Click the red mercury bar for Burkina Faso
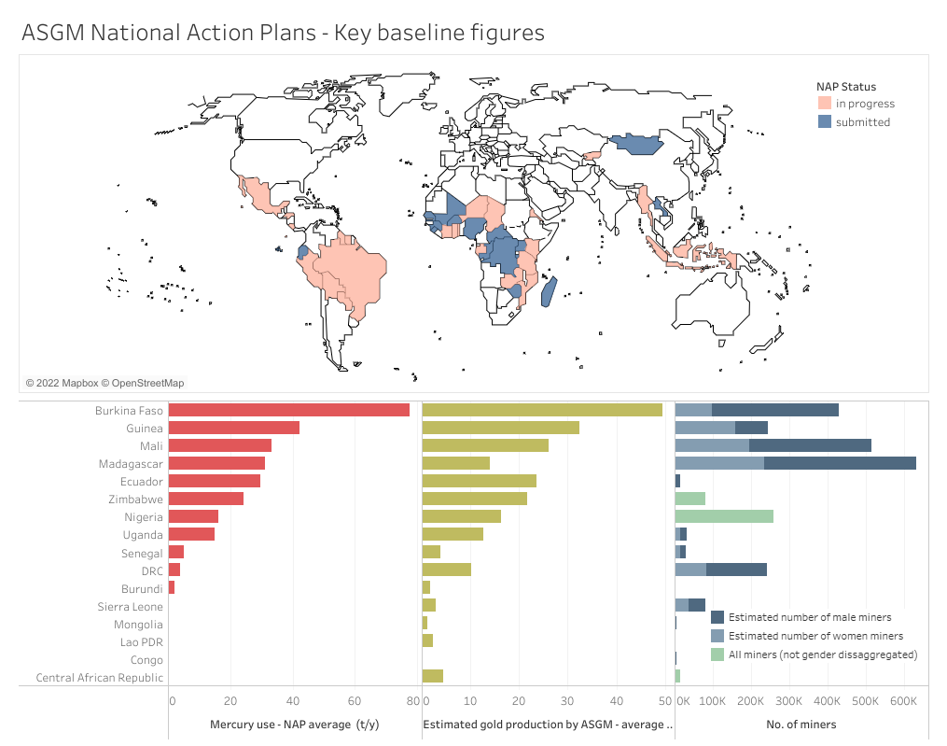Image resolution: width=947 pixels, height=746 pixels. pos(289,410)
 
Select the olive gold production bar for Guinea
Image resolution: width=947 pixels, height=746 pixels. pos(501,428)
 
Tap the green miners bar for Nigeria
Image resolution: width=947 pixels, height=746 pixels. pos(724,516)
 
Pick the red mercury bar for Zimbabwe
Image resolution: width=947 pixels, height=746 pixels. pos(206,499)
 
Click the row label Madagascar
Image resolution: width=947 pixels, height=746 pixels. pos(131,464)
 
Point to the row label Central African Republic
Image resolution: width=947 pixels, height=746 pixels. pos(99,678)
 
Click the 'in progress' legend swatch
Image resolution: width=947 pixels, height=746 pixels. pos(824,104)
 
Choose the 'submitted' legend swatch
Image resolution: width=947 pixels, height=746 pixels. pos(824,122)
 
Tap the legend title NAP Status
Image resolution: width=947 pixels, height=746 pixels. pos(846,87)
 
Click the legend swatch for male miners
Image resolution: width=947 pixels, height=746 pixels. pos(717,617)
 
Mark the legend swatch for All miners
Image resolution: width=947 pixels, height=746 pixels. pos(717,655)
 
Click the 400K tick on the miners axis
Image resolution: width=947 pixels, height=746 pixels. pos(827,701)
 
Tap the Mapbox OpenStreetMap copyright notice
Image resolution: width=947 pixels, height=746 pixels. pos(105,383)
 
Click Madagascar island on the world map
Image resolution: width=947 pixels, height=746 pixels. pos(549,291)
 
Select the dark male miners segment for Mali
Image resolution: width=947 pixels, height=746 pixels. pos(810,445)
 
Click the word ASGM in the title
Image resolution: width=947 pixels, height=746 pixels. pos(51,33)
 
